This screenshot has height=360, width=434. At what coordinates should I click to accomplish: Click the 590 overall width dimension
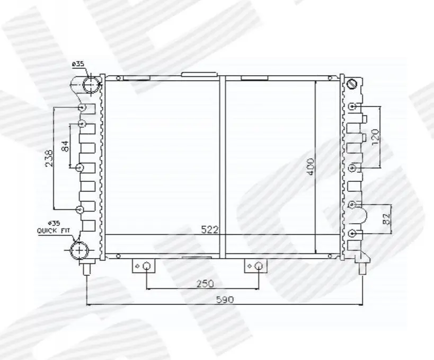225,300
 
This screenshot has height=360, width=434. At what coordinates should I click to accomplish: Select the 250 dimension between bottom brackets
205,284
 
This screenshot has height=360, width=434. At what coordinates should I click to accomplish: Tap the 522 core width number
209,230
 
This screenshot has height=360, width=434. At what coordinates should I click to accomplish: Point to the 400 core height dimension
311,166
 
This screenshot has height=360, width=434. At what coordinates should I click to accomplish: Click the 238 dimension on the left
49,159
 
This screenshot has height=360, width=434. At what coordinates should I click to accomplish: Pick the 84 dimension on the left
65,146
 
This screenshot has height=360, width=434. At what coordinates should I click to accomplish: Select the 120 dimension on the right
375,138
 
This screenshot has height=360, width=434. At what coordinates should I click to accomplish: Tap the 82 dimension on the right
387,218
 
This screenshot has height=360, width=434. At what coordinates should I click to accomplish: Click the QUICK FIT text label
54,231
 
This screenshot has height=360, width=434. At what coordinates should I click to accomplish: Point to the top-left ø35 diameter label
78,64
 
